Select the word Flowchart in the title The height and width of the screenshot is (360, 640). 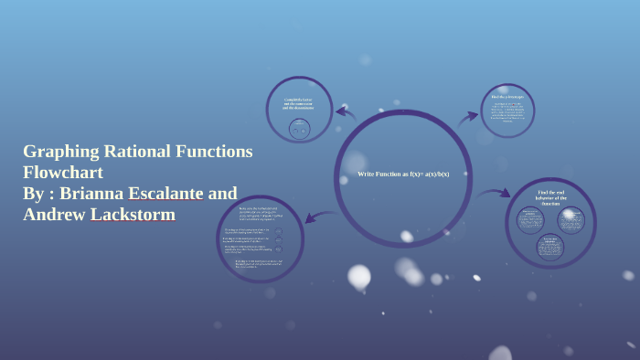(63, 173)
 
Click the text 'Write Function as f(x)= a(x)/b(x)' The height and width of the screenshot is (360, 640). (403, 174)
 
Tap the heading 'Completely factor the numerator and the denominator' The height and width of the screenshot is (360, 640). (299, 103)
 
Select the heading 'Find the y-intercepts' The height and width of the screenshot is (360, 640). (507, 96)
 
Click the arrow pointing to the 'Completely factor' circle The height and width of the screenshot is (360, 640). (345, 113)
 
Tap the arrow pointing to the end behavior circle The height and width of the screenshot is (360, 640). (495, 193)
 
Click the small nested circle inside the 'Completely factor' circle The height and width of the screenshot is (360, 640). (299, 129)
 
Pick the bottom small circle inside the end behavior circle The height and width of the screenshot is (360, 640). (549, 248)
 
